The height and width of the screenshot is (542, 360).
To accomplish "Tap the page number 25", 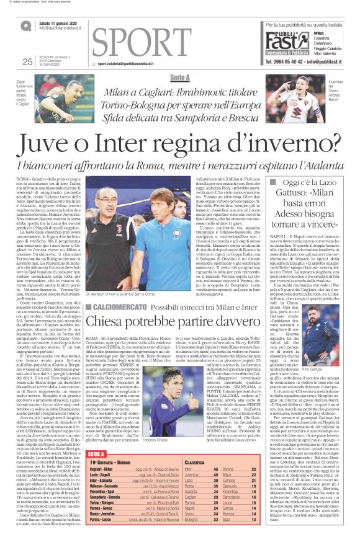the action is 27,61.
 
